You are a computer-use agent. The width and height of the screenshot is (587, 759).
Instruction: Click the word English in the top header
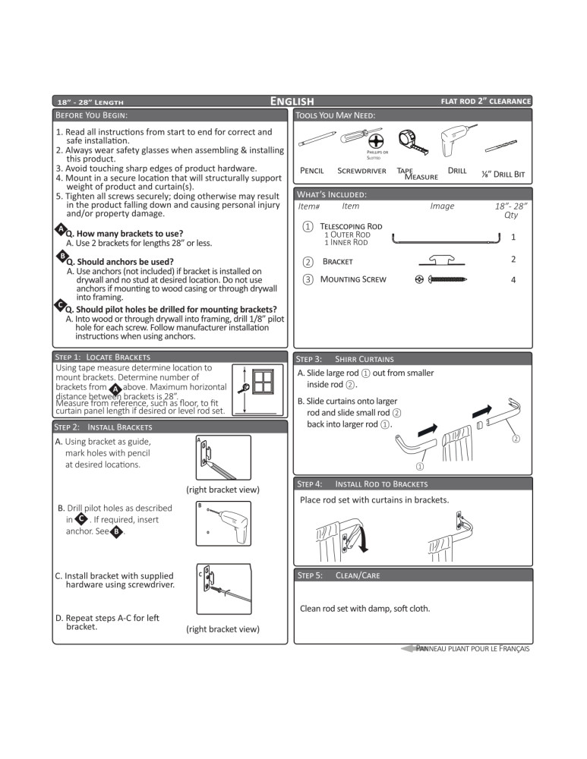[292, 101]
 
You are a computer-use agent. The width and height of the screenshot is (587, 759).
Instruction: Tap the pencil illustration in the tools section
[317, 140]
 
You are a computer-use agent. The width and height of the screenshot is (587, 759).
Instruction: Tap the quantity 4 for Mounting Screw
[513, 279]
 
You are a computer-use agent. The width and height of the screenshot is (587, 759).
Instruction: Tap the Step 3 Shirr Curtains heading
[346, 358]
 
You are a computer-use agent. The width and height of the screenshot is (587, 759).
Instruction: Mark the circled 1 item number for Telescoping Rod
[307, 227]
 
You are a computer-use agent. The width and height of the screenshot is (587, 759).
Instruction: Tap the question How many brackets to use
[124, 234]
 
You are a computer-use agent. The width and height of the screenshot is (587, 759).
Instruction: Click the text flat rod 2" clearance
[485, 101]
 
